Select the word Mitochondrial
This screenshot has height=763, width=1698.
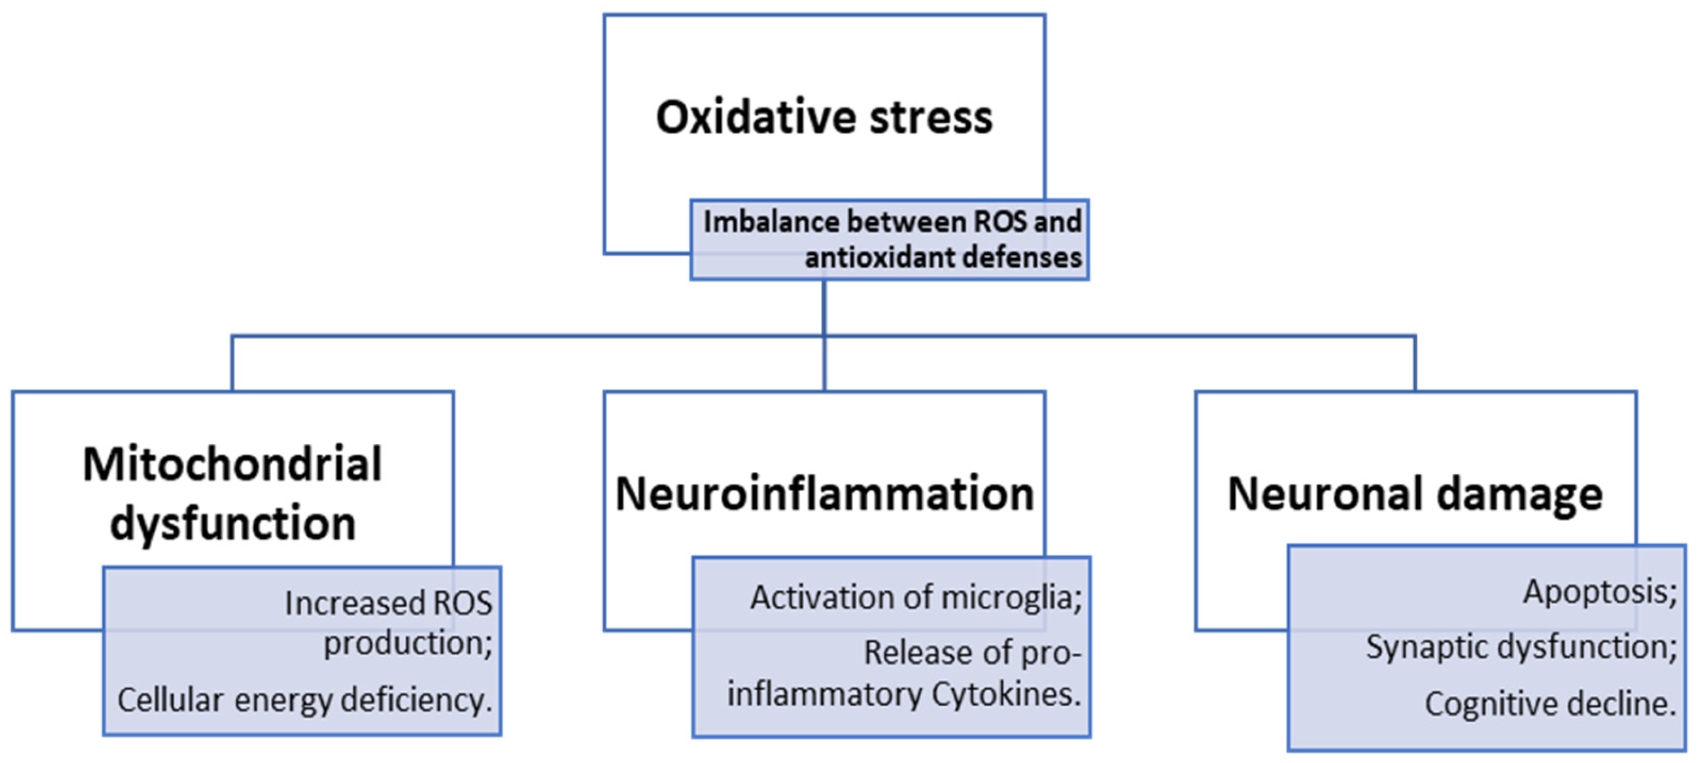click(x=232, y=465)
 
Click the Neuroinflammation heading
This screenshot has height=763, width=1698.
click(x=824, y=494)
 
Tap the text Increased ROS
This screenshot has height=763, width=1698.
click(x=388, y=604)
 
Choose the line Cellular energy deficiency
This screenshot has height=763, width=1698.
click(x=305, y=700)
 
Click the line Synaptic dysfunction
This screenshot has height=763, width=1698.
click(x=1520, y=647)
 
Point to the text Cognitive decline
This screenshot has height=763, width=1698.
click(x=1550, y=704)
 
